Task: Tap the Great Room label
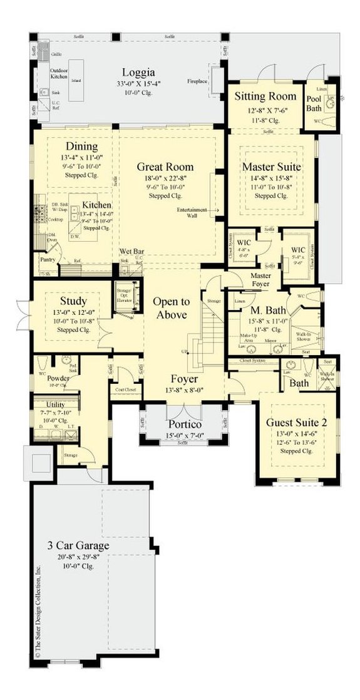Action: [x=165, y=167]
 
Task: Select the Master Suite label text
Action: [x=272, y=167]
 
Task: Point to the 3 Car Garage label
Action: [x=78, y=545]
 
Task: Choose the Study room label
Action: [x=73, y=301]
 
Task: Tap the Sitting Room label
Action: [x=265, y=96]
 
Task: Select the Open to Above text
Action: [x=170, y=307]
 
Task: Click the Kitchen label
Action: [x=96, y=205]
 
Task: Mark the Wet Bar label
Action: [x=132, y=251]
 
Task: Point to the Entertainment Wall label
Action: [x=192, y=212]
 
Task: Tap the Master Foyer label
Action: [x=265, y=280]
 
